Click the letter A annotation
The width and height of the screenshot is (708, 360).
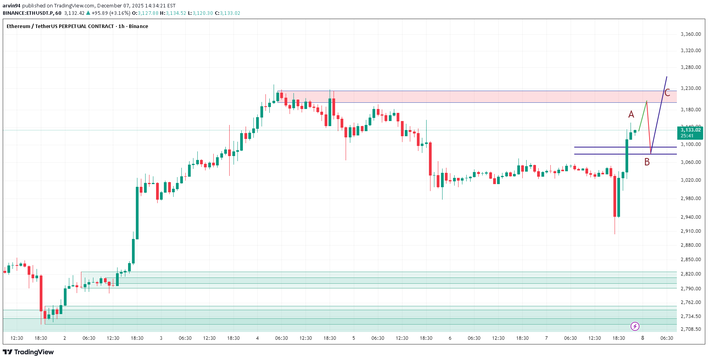pyautogui.click(x=631, y=114)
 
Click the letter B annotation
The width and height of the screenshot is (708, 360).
pyautogui.click(x=647, y=162)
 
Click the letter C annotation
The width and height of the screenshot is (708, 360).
pyautogui.click(x=667, y=93)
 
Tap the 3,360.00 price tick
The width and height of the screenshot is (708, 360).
pyautogui.click(x=690, y=34)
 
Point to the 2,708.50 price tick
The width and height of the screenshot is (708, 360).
pyautogui.click(x=690, y=329)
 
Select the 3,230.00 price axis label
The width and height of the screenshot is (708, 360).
pyautogui.click(x=690, y=88)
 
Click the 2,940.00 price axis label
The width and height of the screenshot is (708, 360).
pyautogui.click(x=690, y=217)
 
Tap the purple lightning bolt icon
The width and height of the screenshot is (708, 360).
pyautogui.click(x=635, y=326)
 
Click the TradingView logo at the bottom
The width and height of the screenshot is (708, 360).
pyautogui.click(x=28, y=352)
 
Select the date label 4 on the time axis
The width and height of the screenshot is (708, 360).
pyautogui.click(x=257, y=338)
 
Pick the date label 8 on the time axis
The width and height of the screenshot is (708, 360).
pyautogui.click(x=643, y=338)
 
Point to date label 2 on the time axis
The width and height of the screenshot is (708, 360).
pyautogui.click(x=65, y=338)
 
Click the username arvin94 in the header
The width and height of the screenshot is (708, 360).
pyautogui.click(x=12, y=5)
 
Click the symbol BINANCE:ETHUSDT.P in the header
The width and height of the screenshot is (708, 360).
pyautogui.click(x=28, y=13)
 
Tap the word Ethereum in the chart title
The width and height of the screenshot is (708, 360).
pyautogui.click(x=18, y=26)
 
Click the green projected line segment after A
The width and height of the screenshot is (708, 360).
pyautogui.click(x=643, y=116)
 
